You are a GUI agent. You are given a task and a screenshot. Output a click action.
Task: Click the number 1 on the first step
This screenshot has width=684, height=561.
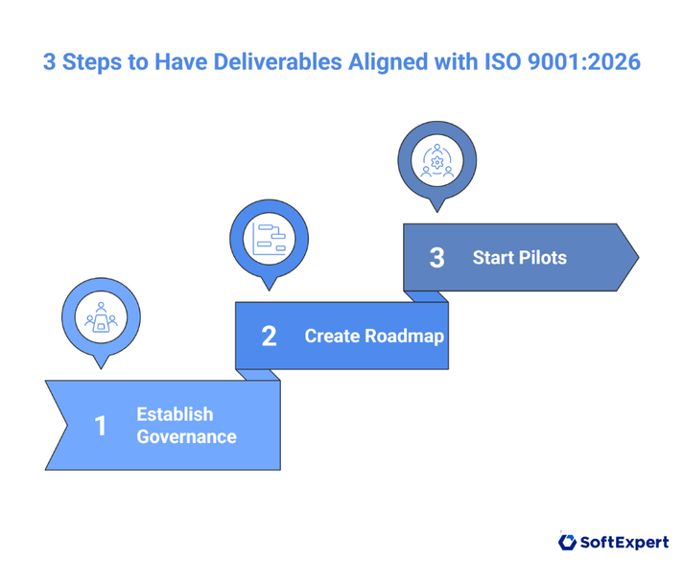pyautogui.click(x=100, y=425)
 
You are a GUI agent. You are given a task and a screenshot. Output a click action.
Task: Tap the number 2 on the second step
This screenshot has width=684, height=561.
pyautogui.click(x=269, y=337)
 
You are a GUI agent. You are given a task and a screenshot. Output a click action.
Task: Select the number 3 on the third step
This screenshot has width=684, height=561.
pyautogui.click(x=436, y=258)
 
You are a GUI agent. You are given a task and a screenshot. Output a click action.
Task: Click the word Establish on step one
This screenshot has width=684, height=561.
pyautogui.click(x=175, y=414)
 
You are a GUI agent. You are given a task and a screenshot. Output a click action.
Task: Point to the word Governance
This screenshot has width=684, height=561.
pyautogui.click(x=186, y=437)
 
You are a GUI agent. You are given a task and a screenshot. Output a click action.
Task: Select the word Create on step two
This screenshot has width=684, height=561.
pyautogui.click(x=331, y=337)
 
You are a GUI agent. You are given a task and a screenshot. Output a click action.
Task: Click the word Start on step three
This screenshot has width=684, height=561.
pyautogui.click(x=491, y=258)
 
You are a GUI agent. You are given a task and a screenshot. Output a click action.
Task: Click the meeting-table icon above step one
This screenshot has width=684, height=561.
pyautogui.click(x=100, y=317)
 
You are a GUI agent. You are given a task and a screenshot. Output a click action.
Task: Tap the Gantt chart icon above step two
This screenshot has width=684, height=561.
pyautogui.click(x=270, y=237)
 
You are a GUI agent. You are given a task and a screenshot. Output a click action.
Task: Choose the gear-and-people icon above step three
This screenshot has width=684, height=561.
pyautogui.click(x=437, y=158)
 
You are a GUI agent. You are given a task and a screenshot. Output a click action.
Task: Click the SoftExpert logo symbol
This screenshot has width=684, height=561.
pyautogui.click(x=567, y=543)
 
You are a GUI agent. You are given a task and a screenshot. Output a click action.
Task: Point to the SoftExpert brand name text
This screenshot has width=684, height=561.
pyautogui.click(x=625, y=543)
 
